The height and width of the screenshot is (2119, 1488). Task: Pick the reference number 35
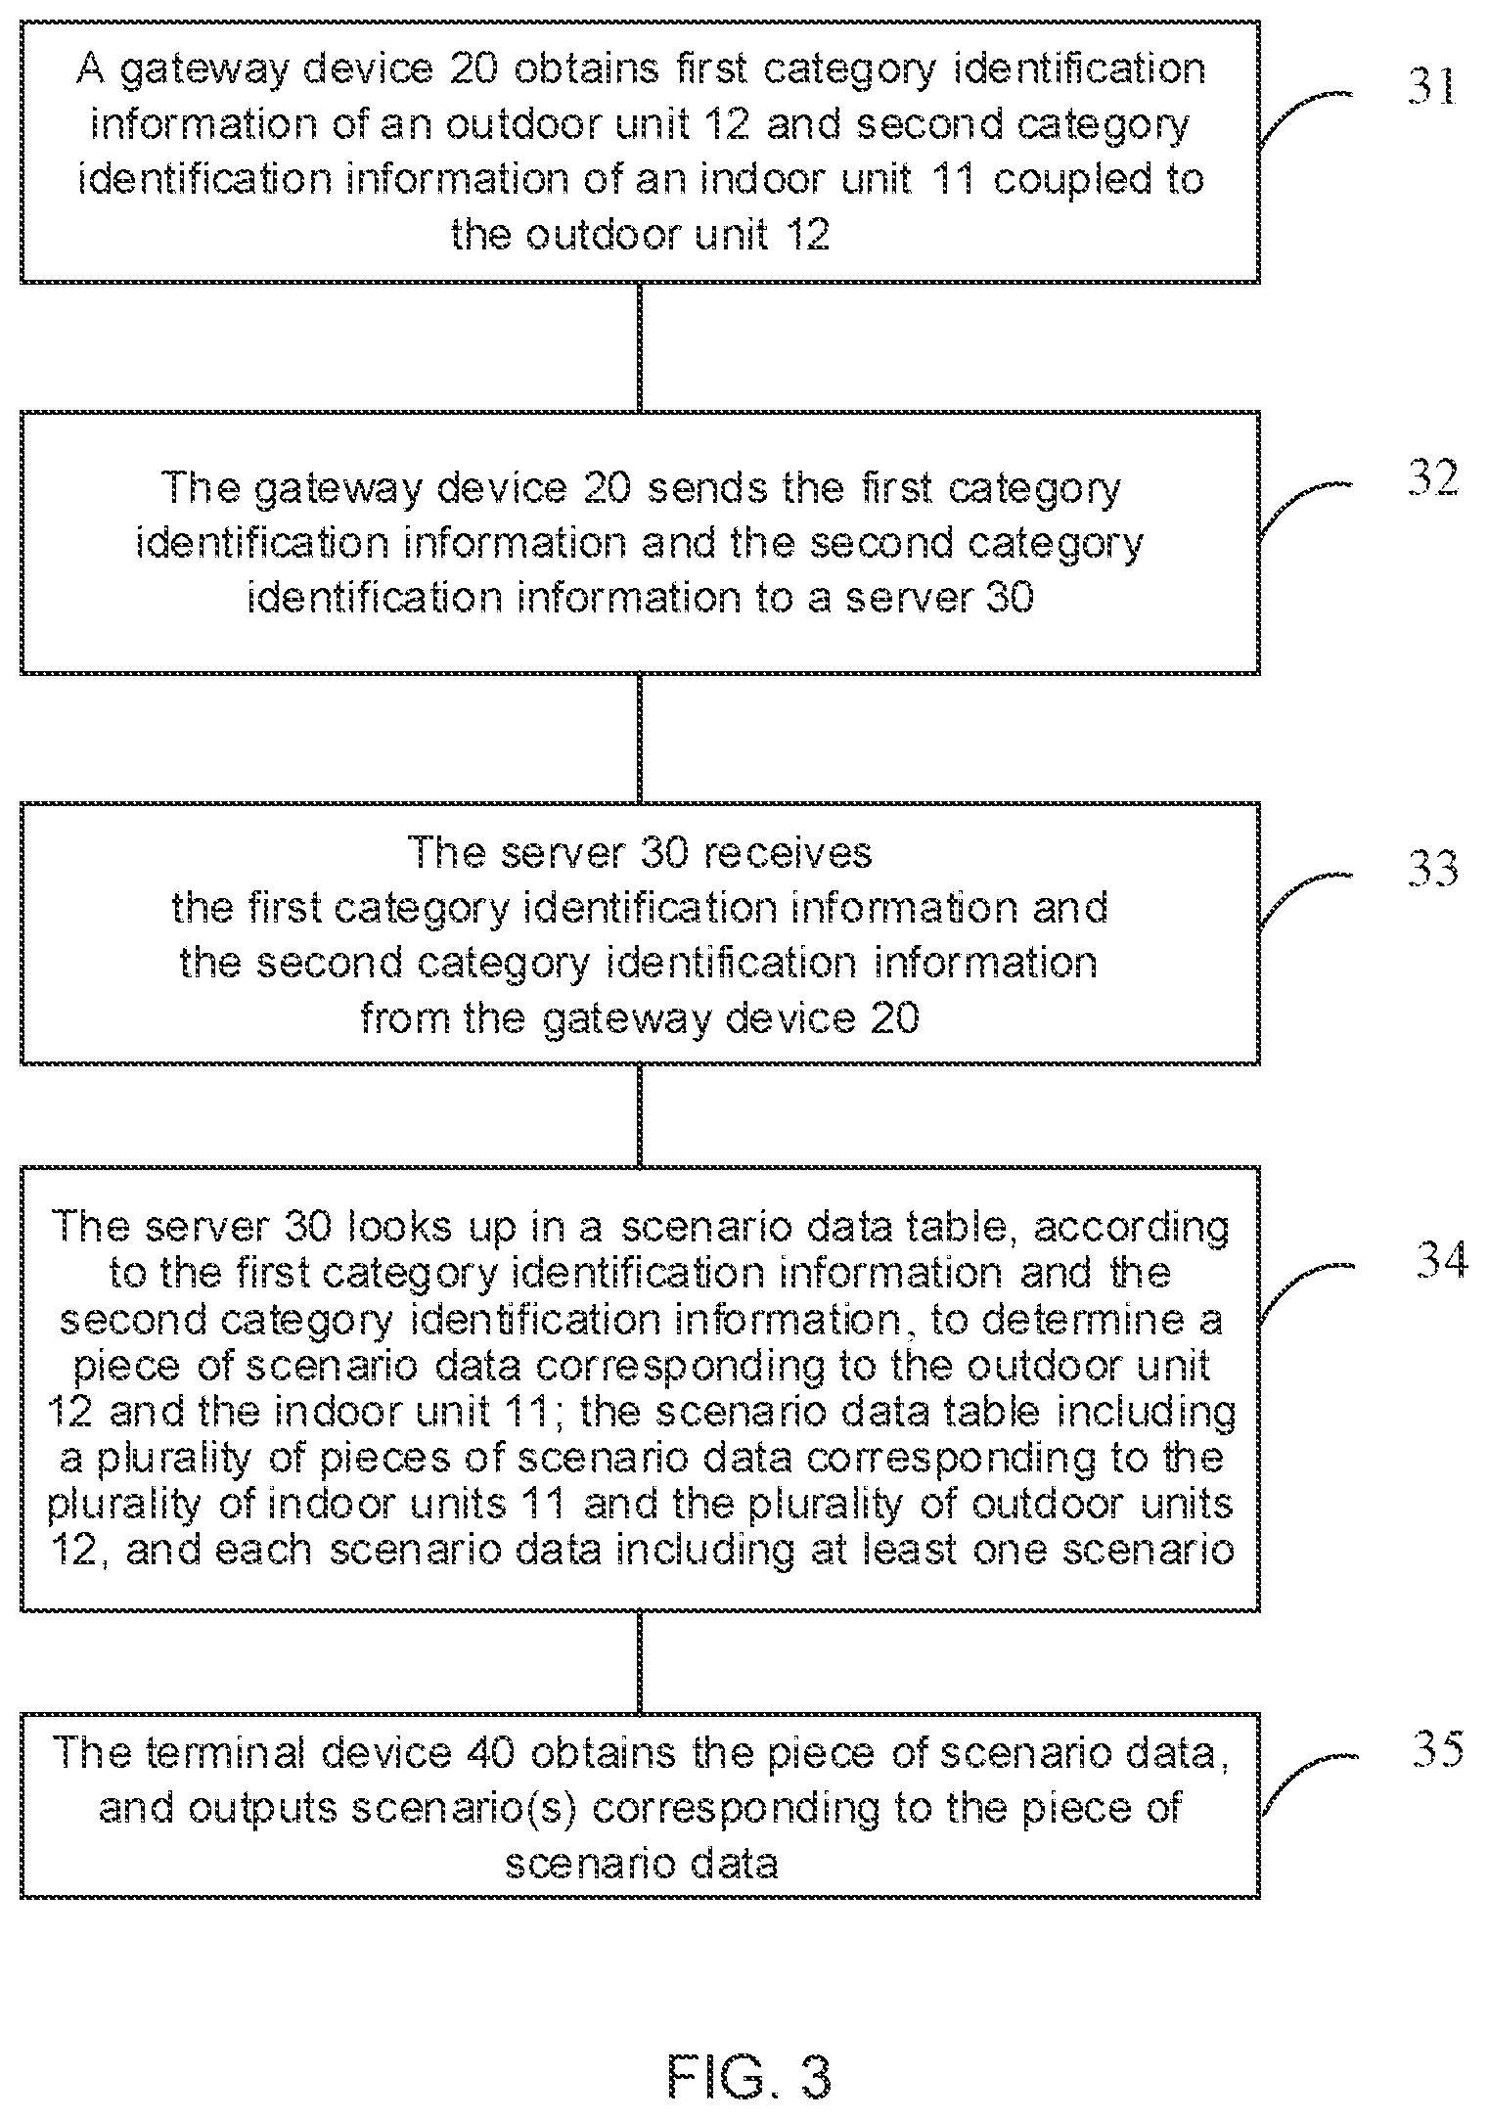(x=1438, y=1748)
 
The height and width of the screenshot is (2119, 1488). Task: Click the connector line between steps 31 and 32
(x=640, y=347)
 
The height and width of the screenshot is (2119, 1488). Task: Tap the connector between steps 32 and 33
(x=640, y=739)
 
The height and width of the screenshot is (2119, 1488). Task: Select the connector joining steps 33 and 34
(x=640, y=1115)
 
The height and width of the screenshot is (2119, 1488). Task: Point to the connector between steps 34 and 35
(x=640, y=1662)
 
